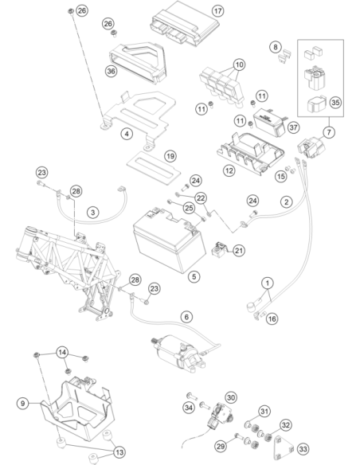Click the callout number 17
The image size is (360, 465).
[x=217, y=11]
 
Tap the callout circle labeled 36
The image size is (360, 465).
[x=111, y=71]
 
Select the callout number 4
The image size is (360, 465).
[x=127, y=134]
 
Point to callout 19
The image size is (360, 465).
[x=170, y=156]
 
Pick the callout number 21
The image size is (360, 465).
[x=239, y=251]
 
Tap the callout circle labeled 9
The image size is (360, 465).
[x=23, y=404]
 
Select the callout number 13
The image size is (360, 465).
[x=119, y=452]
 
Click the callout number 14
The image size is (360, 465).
[x=62, y=353]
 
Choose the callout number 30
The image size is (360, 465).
[x=231, y=397]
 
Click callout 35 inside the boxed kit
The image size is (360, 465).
[x=335, y=102]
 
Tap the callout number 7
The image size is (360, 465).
[x=329, y=132]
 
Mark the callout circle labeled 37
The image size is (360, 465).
[x=293, y=127]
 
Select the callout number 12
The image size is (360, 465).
[x=229, y=170]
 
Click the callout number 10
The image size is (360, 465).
[x=239, y=64]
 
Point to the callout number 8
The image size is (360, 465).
[x=276, y=47]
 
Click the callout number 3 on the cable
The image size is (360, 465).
[x=93, y=213]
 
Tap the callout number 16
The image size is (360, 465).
[x=272, y=318]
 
